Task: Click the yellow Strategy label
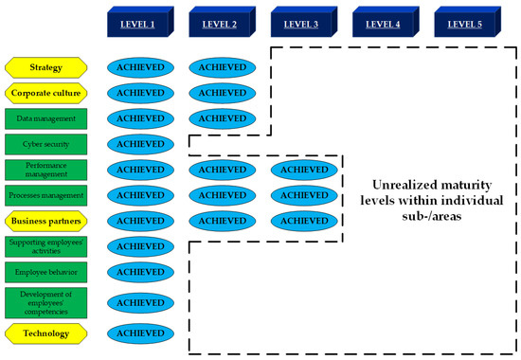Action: pyautogui.click(x=46, y=67)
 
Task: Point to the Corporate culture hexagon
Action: pyautogui.click(x=46, y=93)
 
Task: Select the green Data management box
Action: pyautogui.click(x=46, y=118)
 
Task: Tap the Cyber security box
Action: pyautogui.click(x=46, y=144)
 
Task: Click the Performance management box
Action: pyautogui.click(x=46, y=170)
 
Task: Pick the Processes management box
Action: pyautogui.click(x=46, y=195)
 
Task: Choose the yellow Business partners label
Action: pyautogui.click(x=46, y=221)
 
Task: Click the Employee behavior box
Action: pyautogui.click(x=46, y=272)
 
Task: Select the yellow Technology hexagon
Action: pyautogui.click(x=46, y=333)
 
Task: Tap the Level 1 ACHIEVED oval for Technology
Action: pyautogui.click(x=140, y=333)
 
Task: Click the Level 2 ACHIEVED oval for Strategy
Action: pyautogui.click(x=221, y=67)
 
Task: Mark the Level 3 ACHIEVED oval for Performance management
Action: pyautogui.click(x=302, y=170)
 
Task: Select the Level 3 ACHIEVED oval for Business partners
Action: pyautogui.click(x=302, y=221)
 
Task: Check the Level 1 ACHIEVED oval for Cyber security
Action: pyautogui.click(x=140, y=144)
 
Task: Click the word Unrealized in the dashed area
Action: pyautogui.click(x=396, y=185)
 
